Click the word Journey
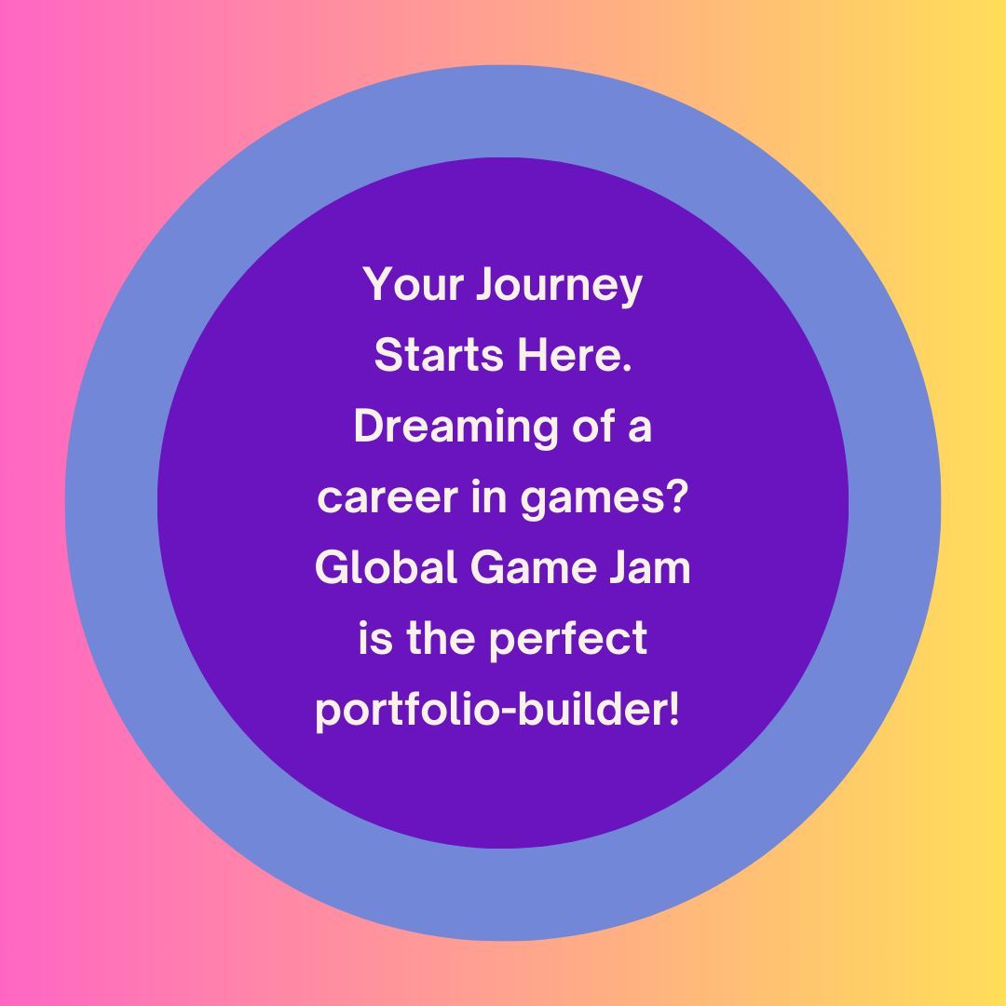tap(559, 286)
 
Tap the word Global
tap(386, 567)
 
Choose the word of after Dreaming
tap(589, 427)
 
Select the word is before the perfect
tap(375, 639)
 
